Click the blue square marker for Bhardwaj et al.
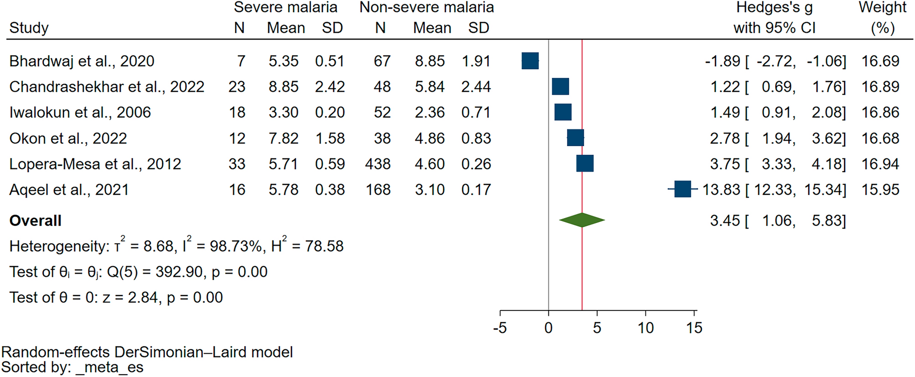tap(530, 61)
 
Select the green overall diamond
tap(582, 220)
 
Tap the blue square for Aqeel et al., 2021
tap(682, 189)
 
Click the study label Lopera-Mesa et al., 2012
tap(95, 164)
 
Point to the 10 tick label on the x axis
tap(646, 328)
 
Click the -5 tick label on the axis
tap(500, 328)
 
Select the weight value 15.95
tap(880, 189)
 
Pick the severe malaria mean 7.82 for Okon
tap(283, 138)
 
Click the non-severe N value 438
tap(377, 164)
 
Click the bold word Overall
tap(36, 221)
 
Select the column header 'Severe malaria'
tap(285, 7)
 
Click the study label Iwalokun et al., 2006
tap(80, 112)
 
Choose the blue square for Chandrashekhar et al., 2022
tap(560, 87)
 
